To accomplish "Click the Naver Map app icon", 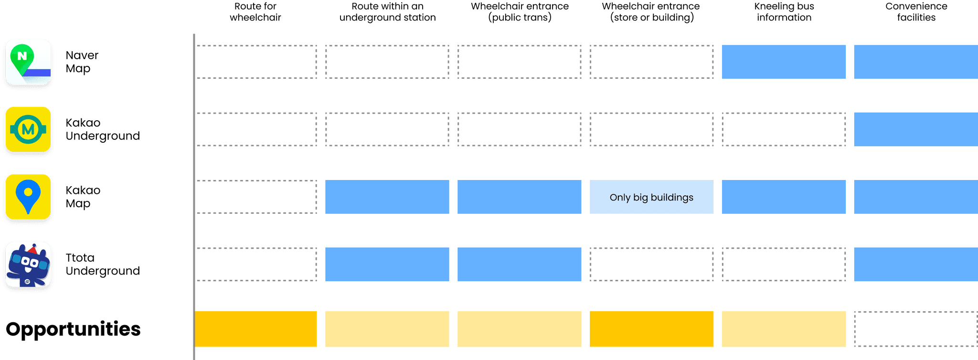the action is coord(28,63).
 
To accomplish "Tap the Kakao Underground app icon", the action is coord(28,130).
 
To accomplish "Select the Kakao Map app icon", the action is coord(28,197).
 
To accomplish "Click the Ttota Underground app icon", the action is coord(28,265).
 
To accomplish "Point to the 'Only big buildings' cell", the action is coord(651,197).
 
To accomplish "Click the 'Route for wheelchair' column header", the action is coord(255,12).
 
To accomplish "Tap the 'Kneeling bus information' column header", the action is coord(784,12).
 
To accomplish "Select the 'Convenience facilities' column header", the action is coord(916,12).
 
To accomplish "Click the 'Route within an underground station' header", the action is coord(387,12).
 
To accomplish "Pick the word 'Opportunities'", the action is coord(73,329).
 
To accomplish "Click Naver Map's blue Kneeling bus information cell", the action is coord(784,62).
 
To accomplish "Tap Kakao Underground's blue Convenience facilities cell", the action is coord(915,129).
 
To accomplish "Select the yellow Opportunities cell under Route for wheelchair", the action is coord(256,329).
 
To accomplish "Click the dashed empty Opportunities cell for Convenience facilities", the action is coord(915,329).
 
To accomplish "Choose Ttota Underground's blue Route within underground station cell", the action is coord(387,264).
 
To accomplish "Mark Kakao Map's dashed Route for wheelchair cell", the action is coord(256,197).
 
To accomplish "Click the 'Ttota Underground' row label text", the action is coord(103,265).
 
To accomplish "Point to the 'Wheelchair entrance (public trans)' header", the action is coord(520,12).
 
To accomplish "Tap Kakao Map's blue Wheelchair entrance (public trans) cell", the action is coord(519,197).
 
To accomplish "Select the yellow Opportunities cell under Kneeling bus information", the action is coord(784,329).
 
